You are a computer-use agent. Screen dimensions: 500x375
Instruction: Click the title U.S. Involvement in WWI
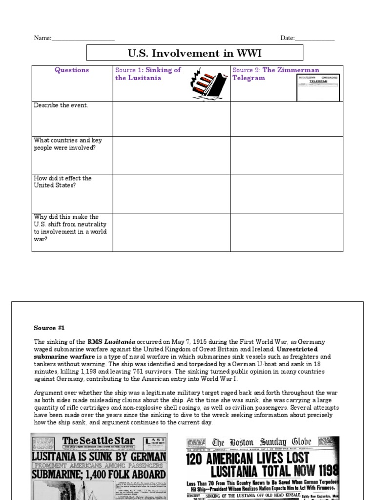pos(195,53)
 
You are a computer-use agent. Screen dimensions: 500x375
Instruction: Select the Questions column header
pos(72,70)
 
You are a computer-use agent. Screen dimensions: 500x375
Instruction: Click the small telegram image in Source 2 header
pos(318,87)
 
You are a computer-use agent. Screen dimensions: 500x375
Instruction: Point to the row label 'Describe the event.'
pos(61,105)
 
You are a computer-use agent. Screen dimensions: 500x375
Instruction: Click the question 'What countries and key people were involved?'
pos(68,144)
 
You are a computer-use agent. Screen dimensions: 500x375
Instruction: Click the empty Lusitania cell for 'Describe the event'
pos(171,119)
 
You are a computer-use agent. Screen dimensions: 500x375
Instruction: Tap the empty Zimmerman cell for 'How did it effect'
pos(287,193)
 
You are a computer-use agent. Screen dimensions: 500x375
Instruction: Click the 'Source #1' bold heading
pos(49,328)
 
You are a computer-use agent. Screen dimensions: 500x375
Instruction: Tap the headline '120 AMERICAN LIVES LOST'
pos(248,458)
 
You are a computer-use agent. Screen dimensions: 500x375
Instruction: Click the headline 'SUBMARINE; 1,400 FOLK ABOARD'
pos(99,474)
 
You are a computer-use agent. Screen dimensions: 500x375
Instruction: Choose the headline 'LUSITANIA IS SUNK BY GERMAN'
pos(99,457)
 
